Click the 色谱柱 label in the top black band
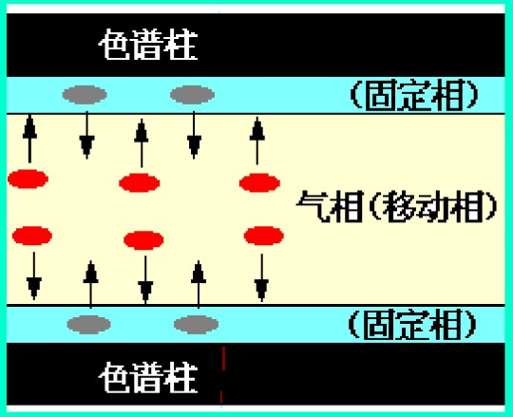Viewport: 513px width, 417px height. click(148, 45)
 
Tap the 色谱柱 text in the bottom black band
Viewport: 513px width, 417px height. click(148, 377)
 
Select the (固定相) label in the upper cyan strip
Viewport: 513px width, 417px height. click(414, 95)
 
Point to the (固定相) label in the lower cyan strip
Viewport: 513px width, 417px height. click(412, 325)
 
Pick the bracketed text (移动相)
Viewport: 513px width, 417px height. click(433, 207)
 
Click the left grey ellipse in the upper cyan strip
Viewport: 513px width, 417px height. click(85, 95)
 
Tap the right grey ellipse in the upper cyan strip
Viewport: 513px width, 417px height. click(192, 95)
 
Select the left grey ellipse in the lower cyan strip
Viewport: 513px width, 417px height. click(88, 325)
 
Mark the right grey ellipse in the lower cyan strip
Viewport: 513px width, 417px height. click(196, 325)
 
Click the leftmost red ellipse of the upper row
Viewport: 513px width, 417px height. click(28, 179)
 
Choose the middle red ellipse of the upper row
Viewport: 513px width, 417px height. click(140, 182)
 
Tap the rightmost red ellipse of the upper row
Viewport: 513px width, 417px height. click(259, 182)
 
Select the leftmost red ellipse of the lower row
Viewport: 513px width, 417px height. click(32, 236)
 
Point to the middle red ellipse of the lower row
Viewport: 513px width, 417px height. click(143, 240)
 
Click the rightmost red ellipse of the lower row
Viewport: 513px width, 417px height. click(264, 236)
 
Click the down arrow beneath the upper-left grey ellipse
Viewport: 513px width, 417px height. click(87, 135)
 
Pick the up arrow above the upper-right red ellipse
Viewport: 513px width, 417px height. click(257, 141)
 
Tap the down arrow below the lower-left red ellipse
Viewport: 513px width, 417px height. click(34, 275)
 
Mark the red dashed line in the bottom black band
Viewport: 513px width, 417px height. click(222, 375)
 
